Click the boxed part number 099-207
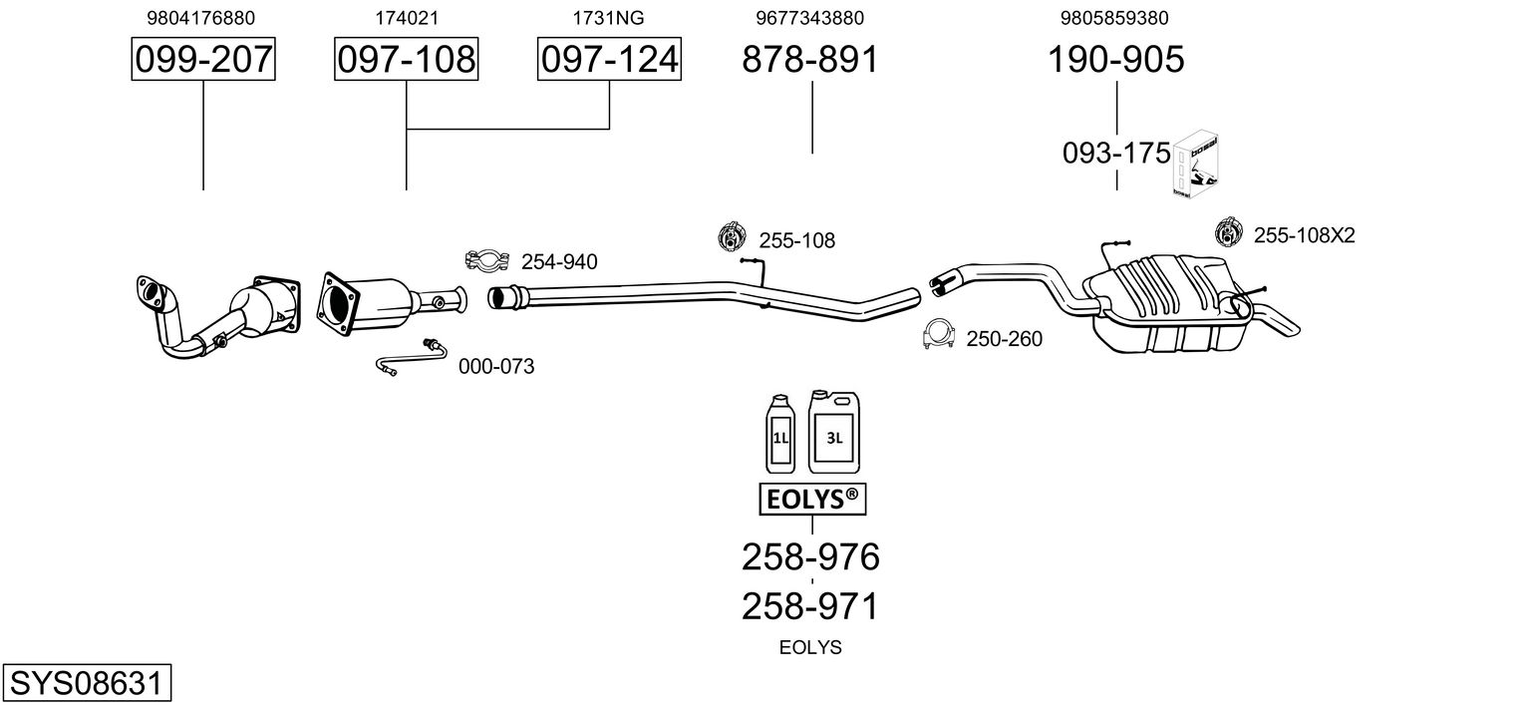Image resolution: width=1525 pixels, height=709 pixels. coord(203,60)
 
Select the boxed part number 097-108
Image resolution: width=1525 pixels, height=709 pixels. coord(406,60)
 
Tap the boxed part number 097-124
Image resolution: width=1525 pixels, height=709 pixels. coord(609,60)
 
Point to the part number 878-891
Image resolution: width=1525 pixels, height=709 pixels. coord(811,60)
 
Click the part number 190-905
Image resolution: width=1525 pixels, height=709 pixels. coord(1115,60)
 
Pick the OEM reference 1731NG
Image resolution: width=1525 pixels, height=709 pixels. coord(608,18)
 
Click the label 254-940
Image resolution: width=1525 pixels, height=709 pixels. coord(559,262)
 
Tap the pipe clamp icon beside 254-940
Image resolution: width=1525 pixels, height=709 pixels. coord(487,261)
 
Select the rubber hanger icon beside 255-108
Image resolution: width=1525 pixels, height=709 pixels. coord(734,238)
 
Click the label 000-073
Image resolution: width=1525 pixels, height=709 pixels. coord(496,367)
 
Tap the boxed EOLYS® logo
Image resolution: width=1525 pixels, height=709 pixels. coord(812,501)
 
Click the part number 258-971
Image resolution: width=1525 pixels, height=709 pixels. coord(811,606)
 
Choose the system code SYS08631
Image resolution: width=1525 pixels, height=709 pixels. coord(86,685)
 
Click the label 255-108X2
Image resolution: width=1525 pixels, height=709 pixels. coord(1304,235)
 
